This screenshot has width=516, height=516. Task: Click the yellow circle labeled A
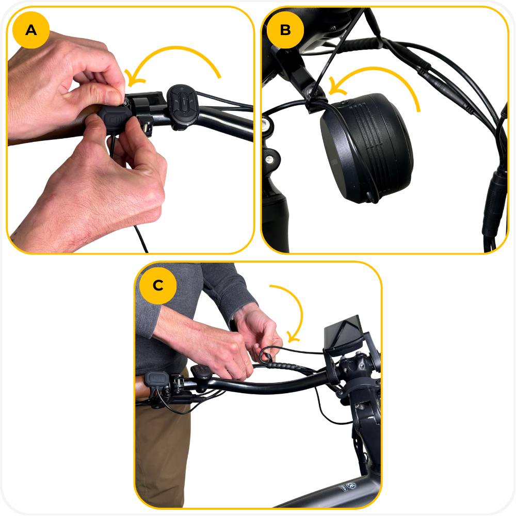click(x=31, y=30)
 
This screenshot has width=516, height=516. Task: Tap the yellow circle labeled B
click(x=285, y=30)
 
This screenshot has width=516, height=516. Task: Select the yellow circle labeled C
click(x=158, y=285)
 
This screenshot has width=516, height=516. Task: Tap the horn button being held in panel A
click(x=115, y=119)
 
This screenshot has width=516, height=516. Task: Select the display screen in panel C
click(x=343, y=332)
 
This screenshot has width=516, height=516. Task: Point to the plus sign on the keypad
click(x=182, y=89)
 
